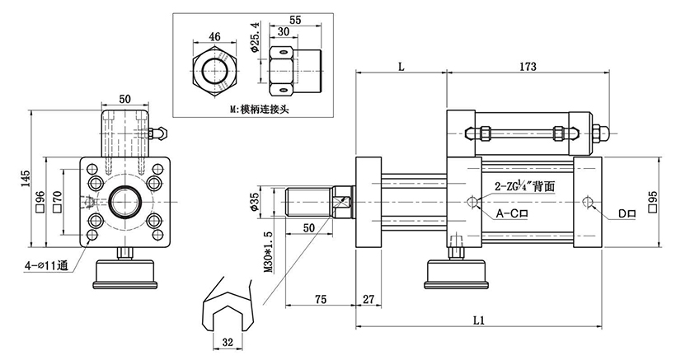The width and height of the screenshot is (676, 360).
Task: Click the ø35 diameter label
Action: click(255, 201)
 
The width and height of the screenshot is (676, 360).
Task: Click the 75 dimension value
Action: click(322, 299)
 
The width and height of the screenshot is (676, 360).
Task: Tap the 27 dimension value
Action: click(368, 299)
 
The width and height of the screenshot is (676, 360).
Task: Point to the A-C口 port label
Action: click(512, 213)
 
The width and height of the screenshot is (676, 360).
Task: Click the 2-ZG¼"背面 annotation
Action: click(525, 188)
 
